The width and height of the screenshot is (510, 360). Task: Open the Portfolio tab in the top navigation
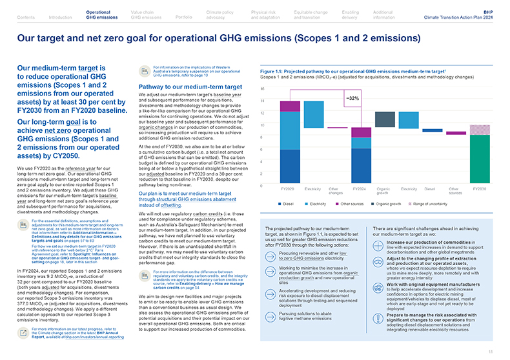click(183, 18)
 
